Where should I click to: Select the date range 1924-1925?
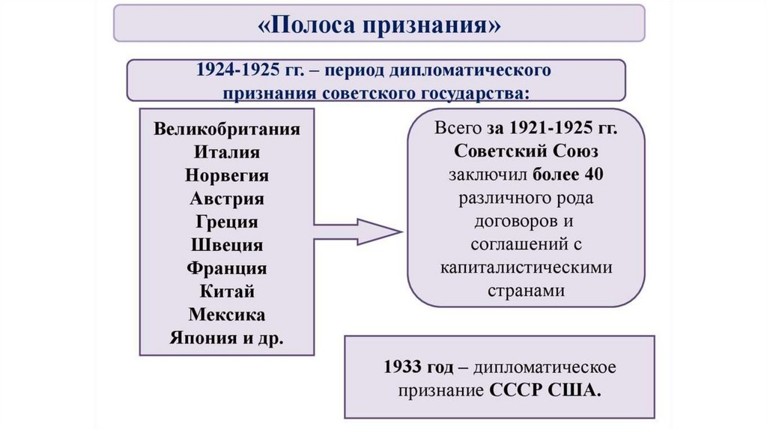pos(233,70)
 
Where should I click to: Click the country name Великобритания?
pos(227,128)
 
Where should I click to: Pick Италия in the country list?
pos(227,152)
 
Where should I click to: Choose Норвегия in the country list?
pos(227,176)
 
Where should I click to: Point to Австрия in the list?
pos(227,199)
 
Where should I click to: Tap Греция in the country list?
pos(227,222)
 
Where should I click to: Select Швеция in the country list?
pos(227,246)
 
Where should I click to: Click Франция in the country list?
pos(227,268)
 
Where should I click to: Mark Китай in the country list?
pos(227,291)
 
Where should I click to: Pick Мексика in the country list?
pos(227,315)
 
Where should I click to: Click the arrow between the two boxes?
pos(357,232)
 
